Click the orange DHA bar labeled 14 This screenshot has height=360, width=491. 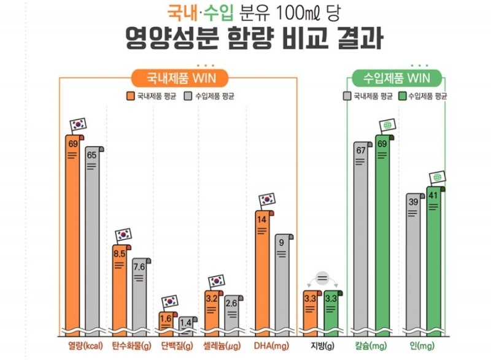264,270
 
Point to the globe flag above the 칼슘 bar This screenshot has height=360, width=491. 387,126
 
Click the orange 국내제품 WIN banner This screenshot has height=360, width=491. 179,79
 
